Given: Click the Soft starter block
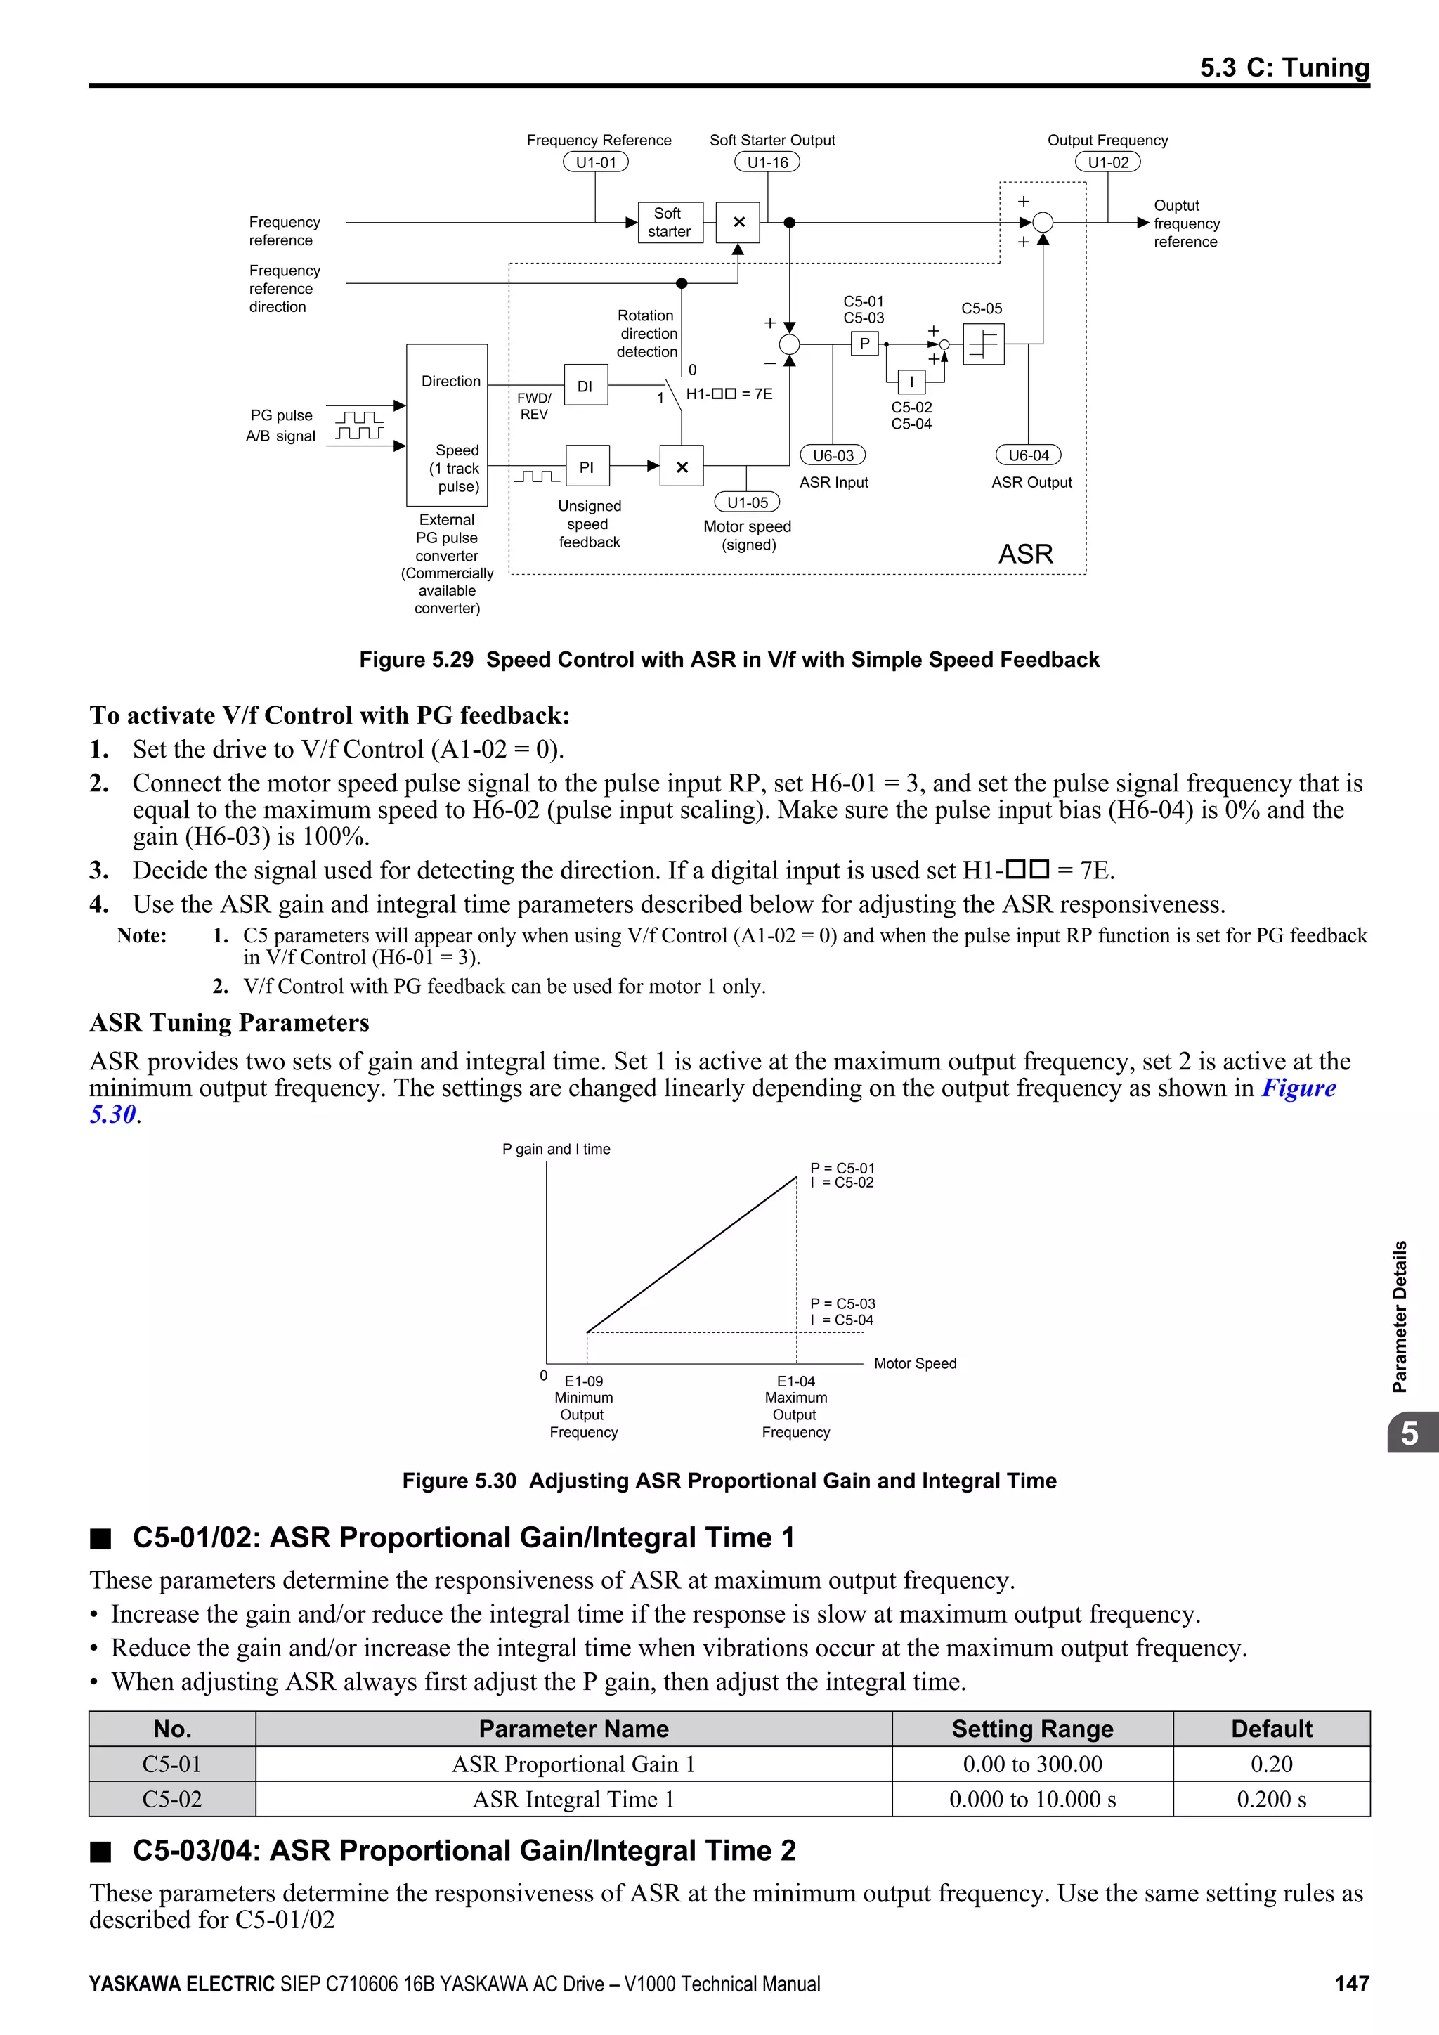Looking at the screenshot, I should (x=670, y=223).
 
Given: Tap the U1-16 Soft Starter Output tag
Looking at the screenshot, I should (x=767, y=162).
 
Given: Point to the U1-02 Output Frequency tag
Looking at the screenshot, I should (x=1107, y=162).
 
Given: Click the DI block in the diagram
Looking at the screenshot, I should (x=586, y=386).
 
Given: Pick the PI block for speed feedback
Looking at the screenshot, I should (x=587, y=466).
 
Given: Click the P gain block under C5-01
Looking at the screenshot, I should (x=864, y=344).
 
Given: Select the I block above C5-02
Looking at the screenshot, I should (x=911, y=382).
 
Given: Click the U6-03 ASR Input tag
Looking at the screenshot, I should (x=833, y=455).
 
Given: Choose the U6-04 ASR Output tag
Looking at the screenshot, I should (x=1028, y=455).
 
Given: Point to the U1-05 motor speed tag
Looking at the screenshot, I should (x=747, y=502).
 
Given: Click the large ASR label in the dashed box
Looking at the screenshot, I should (x=1025, y=554).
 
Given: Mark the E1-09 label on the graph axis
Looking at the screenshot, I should (x=584, y=1381).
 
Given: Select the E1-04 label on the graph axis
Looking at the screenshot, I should (x=795, y=1381).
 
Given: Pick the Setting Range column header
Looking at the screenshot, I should (x=1032, y=1729).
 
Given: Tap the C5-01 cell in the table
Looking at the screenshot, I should (x=172, y=1764).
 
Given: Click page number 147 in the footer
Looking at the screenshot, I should (x=1351, y=1984).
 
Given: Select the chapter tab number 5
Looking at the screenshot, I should (x=1409, y=1433).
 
